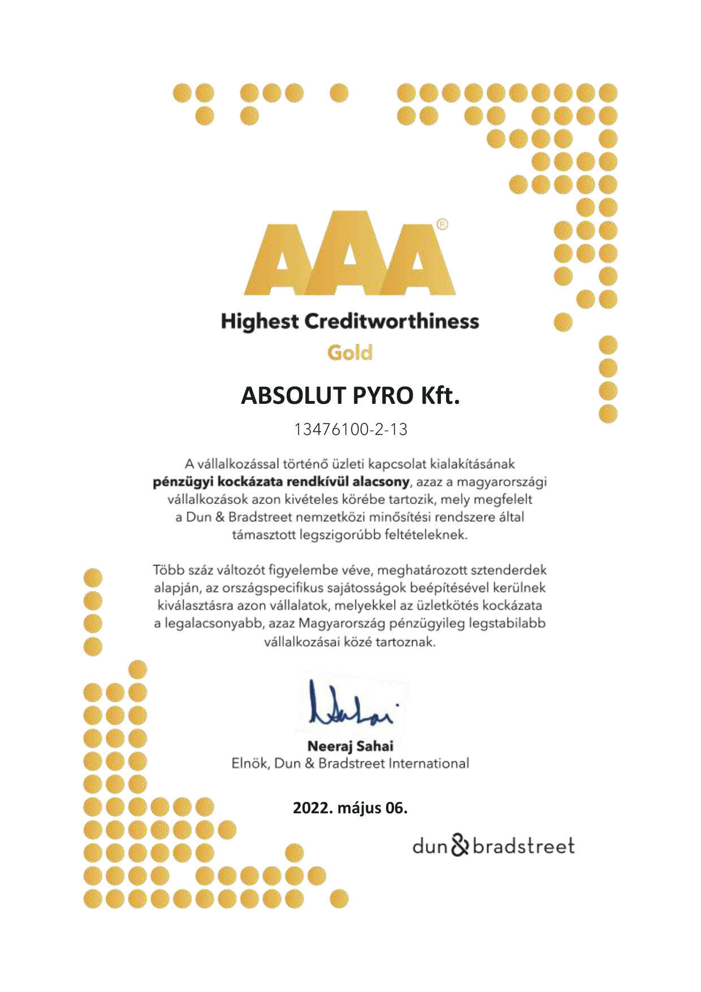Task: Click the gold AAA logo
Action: [x=350, y=255]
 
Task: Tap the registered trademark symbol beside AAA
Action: [x=443, y=224]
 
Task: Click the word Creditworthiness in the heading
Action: [x=391, y=322]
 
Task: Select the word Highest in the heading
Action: [x=259, y=322]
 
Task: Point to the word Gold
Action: [x=350, y=353]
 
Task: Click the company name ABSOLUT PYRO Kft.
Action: [x=350, y=396]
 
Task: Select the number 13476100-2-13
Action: [x=350, y=429]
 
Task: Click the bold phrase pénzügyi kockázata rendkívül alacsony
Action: [x=280, y=482]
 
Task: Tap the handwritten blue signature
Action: [x=351, y=704]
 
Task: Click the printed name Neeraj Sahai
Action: [x=350, y=746]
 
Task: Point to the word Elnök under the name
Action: [x=250, y=764]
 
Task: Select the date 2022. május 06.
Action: [x=350, y=808]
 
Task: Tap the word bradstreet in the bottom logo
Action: [x=523, y=847]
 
